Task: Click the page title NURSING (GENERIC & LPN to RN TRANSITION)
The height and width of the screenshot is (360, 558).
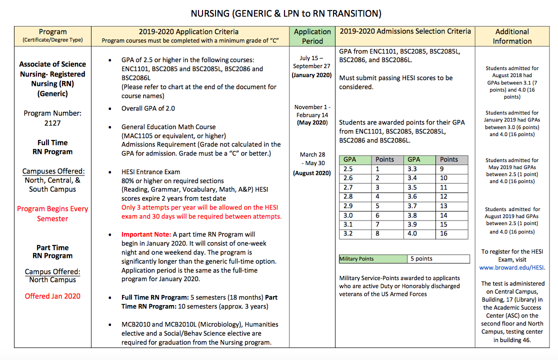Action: pos(279,13)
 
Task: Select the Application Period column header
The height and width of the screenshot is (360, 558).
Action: pos(312,36)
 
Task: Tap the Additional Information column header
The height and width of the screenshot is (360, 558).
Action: pos(512,36)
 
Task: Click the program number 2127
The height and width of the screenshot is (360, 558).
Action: pos(52,123)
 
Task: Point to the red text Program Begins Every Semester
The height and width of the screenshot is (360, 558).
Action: pos(52,213)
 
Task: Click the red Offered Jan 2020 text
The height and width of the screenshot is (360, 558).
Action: pos(52,296)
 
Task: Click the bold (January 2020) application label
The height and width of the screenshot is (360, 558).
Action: pos(312,75)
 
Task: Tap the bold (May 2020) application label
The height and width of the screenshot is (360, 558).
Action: pos(312,122)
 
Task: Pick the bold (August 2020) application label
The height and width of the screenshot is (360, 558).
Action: pos(312,173)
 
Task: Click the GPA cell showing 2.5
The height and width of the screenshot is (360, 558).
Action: pos(348,169)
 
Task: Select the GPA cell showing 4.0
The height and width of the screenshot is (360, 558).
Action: pos(412,233)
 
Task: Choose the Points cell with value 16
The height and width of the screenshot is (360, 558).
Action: pos(444,233)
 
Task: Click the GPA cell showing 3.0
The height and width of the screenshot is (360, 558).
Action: pos(348,215)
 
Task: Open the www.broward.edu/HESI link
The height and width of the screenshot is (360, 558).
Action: pos(512,267)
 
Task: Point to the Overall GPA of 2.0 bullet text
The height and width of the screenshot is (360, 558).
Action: pos(148,108)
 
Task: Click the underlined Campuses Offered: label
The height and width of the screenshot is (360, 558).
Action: pos(52,171)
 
